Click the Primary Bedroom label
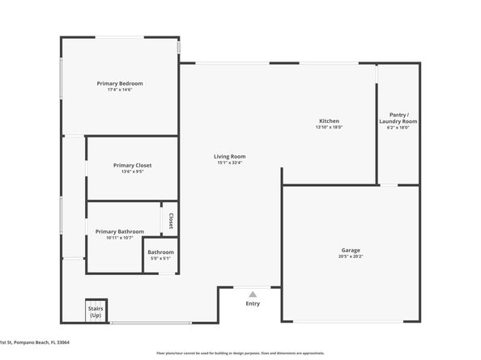coord(120,83)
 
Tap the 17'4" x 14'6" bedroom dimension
coord(120,90)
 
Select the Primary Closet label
coord(132,165)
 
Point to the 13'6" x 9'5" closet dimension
coord(132,172)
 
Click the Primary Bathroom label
coord(119,231)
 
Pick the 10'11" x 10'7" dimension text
coord(119,238)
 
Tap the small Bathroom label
coord(160,252)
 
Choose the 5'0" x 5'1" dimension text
coord(160,259)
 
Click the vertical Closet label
coord(171,221)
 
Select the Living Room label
coord(230,156)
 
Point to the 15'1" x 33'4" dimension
coord(230,163)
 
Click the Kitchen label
coord(329,121)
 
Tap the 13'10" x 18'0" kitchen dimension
coord(329,127)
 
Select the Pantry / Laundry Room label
coord(399,118)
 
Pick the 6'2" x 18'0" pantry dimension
coord(399,127)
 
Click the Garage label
coord(351,250)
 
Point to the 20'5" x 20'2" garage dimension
coord(351,256)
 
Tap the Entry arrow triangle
coord(253,294)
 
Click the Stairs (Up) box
coord(96,311)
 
